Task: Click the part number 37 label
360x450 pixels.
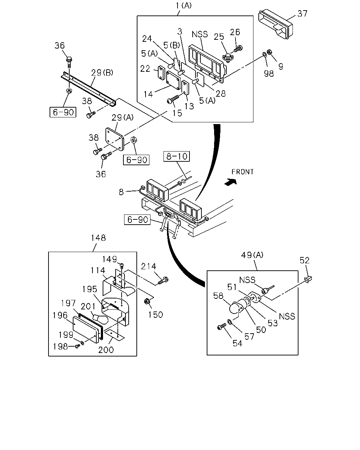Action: pos(302,14)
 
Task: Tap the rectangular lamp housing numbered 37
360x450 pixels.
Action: pos(275,24)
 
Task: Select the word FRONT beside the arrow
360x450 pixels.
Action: pos(243,172)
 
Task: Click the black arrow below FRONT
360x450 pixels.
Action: pos(231,181)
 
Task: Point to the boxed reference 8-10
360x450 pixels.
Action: pos(176,156)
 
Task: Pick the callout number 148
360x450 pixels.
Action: pos(98,238)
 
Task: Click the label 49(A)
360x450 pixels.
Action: pos(252,255)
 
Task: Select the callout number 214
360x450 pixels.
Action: pos(148,266)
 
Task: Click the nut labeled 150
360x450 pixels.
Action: pos(147,302)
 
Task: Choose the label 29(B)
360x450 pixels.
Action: pos(102,73)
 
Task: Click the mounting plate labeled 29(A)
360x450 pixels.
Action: pos(114,139)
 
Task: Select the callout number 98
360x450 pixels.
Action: pos(269,73)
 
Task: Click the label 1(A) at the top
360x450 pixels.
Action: pos(184,6)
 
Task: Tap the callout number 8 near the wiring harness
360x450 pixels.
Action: pos(121,192)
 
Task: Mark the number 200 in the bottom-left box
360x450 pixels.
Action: pos(106,349)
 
